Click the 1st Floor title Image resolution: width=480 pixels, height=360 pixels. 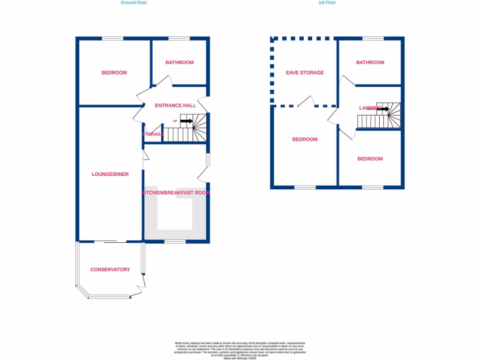tap(327, 3)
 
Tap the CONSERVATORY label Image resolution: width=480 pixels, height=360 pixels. tap(110, 270)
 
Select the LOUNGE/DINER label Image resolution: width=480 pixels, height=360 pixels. tap(110, 174)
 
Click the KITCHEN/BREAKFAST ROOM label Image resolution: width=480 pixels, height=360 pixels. tap(176, 193)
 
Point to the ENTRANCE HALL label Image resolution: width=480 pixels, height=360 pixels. tap(175, 105)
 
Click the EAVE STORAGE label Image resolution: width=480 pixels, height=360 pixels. tap(305, 73)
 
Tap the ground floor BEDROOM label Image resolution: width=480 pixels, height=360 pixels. tap(114, 73)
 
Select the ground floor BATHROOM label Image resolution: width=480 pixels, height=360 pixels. tap(180, 62)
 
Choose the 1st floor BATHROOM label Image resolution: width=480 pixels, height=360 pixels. tap(370, 62)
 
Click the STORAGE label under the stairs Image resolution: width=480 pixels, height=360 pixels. tap(153, 135)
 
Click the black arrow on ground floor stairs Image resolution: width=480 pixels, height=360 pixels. tap(186, 121)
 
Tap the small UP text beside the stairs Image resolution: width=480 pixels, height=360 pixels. tap(175, 121)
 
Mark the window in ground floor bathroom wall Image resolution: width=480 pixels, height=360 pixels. tap(179, 39)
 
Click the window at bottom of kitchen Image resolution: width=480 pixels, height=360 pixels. tap(175, 241)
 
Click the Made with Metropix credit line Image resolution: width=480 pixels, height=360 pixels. tap(240, 358)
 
